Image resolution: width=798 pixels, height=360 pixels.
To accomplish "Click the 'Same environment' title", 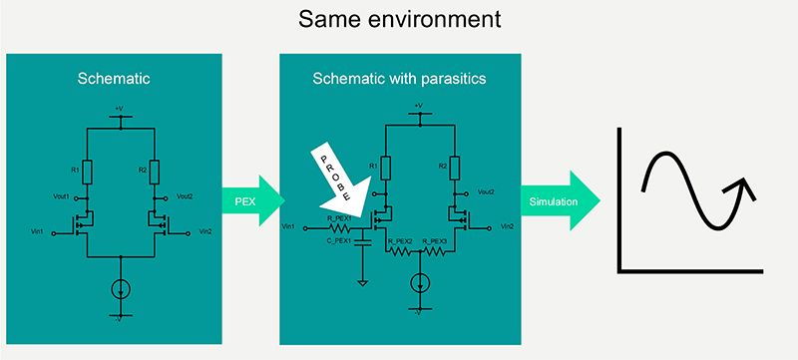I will click(399, 20).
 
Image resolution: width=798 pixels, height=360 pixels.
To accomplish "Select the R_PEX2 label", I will click(399, 241).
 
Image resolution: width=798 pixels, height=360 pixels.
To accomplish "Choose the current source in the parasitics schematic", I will click(420, 281).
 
